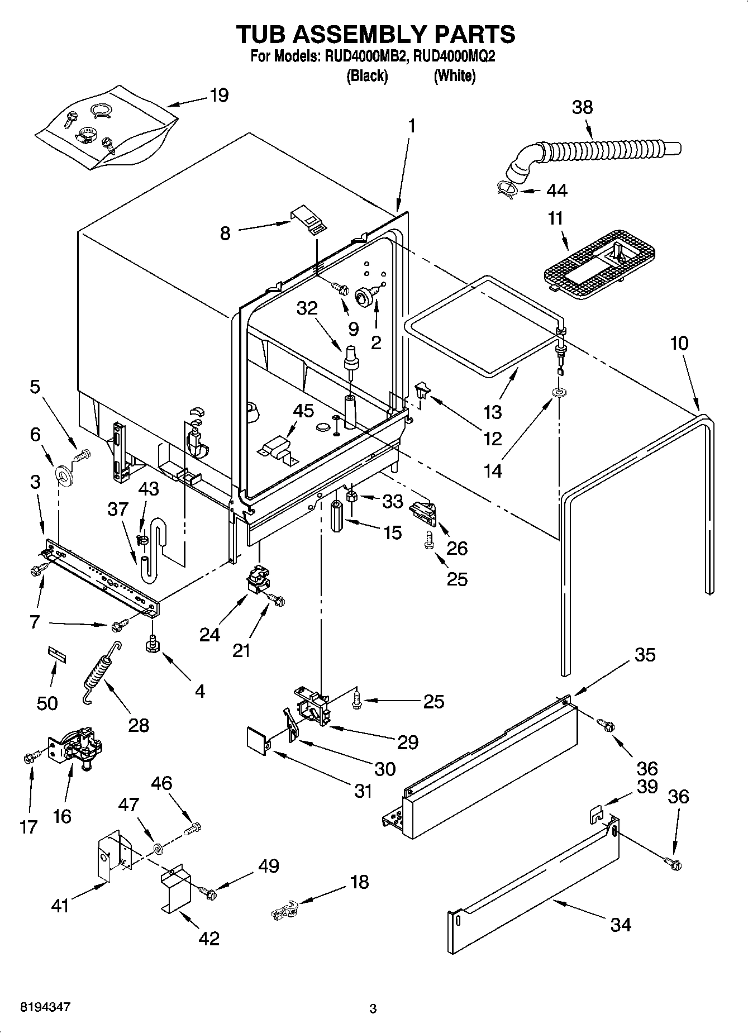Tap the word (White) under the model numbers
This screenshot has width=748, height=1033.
tap(454, 76)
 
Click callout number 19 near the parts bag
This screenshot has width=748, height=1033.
tap(219, 96)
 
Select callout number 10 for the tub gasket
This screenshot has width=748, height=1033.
tap(679, 343)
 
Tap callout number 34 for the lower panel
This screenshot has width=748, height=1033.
tap(620, 925)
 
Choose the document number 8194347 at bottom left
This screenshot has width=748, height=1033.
tap(45, 1007)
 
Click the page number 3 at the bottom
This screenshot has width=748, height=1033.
tap(373, 1009)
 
